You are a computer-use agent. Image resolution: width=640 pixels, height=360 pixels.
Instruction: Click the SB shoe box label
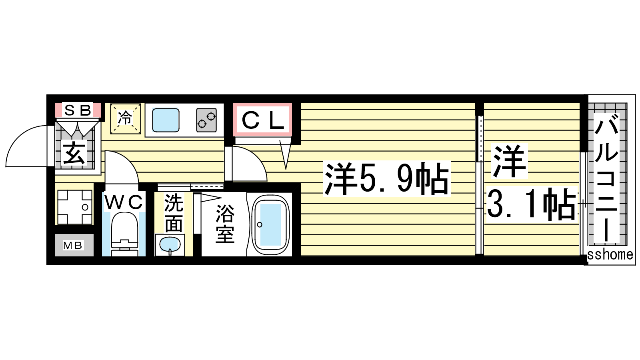(78, 110)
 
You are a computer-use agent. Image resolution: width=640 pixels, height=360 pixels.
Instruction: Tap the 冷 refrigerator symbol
(126, 119)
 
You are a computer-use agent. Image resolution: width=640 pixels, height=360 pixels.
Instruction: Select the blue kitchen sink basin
(166, 120)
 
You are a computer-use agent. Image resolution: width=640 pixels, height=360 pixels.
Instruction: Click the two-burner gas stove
(206, 120)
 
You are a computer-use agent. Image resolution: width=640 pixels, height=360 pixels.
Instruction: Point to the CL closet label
(263, 120)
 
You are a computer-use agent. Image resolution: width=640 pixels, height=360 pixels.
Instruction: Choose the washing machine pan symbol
(75, 207)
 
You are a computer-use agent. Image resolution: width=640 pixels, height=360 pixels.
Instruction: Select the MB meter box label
(73, 246)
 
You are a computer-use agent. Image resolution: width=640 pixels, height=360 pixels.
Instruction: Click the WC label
(124, 202)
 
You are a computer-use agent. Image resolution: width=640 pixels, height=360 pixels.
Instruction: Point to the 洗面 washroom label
(174, 213)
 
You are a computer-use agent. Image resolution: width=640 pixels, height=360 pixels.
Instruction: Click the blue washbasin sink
(170, 245)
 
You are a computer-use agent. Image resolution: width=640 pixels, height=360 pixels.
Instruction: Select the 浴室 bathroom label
(225, 224)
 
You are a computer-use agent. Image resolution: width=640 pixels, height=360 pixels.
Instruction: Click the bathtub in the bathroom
(270, 224)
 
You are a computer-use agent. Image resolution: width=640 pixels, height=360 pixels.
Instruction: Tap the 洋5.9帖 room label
(386, 179)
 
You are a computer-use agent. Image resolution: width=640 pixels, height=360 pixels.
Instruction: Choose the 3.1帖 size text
(531, 204)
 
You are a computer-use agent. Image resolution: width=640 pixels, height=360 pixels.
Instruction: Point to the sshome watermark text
(610, 254)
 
